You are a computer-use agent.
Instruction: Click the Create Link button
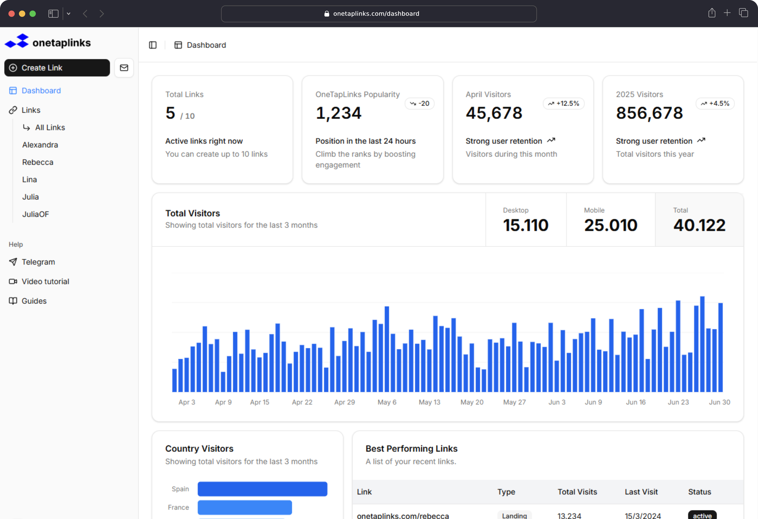coord(57,68)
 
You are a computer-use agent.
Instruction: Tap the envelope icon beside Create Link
coord(124,68)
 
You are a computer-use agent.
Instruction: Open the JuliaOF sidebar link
coord(36,214)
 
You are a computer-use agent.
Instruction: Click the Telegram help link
coord(38,262)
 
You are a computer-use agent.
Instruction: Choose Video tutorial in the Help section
coord(45,281)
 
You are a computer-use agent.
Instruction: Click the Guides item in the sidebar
coord(34,301)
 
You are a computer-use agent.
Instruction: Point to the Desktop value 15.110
coord(525,225)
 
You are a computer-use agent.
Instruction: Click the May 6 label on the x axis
coord(387,402)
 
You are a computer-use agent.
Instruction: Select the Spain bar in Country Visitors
coord(262,489)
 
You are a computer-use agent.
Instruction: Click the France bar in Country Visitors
coord(245,507)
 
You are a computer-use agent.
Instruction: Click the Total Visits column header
coord(577,492)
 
